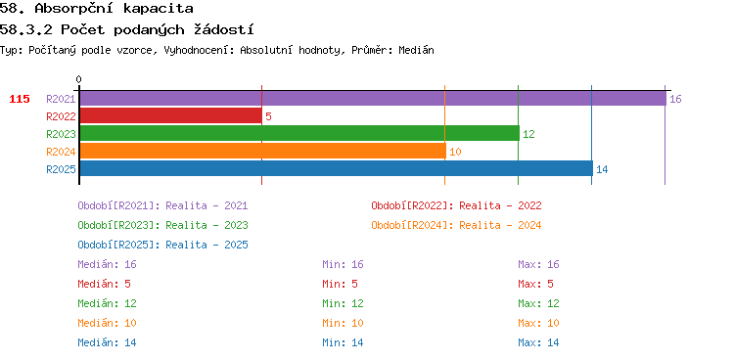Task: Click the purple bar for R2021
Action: [373, 99]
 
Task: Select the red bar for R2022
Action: [170, 116]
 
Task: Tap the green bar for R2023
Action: [299, 133]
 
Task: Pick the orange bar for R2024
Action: [262, 152]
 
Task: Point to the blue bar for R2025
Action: [336, 168]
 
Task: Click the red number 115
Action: [20, 99]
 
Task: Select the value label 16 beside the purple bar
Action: [675, 99]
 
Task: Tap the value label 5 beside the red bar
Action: [268, 116]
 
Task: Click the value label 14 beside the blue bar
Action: [602, 169]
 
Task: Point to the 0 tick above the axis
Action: [78, 80]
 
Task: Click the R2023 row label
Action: [61, 134]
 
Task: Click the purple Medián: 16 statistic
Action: [108, 264]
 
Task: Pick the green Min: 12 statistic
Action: [343, 303]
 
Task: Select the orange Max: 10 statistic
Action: [538, 323]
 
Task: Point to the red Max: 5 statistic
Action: [535, 284]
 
